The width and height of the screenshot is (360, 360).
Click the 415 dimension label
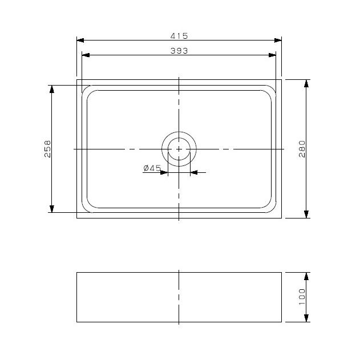coord(179,35)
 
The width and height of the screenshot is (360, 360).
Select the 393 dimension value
coord(179,50)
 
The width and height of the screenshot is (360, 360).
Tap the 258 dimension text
coord(48,148)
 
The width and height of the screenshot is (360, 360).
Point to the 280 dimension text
coord(302,148)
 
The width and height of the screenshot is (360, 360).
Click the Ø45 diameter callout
coord(152,168)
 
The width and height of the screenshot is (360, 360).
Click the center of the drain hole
coord(179,148)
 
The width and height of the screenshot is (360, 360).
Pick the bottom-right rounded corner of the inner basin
coord(270,205)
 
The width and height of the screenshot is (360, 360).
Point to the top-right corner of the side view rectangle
coord(281,273)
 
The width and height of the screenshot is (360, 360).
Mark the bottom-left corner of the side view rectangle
coord(77,322)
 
